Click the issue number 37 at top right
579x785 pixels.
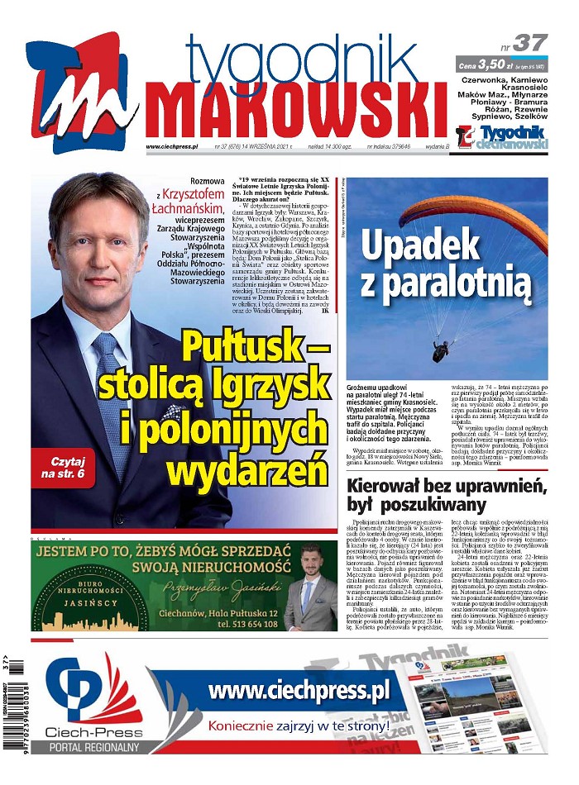[x=530, y=42]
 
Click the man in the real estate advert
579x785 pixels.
[x=310, y=589]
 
